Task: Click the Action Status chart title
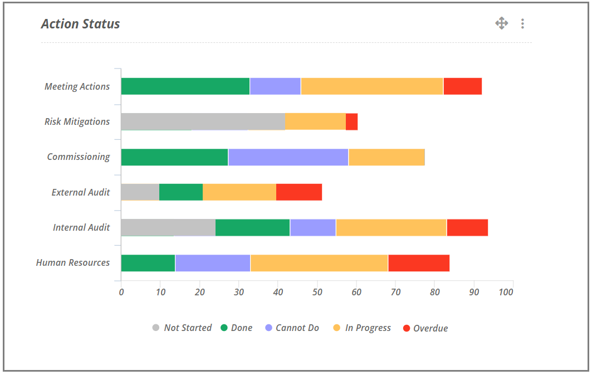pos(81,24)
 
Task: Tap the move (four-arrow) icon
pos(501,23)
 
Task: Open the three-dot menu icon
pos(522,23)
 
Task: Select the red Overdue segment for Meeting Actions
pos(462,86)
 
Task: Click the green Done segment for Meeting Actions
pos(185,86)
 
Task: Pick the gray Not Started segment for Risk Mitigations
pos(203,121)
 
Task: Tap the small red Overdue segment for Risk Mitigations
pos(351,121)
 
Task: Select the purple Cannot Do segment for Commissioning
pos(288,157)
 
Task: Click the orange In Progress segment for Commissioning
pos(386,157)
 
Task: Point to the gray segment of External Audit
pos(140,192)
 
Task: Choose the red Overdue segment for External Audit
pos(299,192)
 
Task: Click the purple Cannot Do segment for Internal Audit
pos(312,227)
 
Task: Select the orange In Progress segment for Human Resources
pos(319,263)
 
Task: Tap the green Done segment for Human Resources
pos(148,263)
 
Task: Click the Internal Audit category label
pos(81,227)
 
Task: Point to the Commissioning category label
pos(79,157)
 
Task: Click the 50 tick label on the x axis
pos(317,292)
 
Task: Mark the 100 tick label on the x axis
pos(506,292)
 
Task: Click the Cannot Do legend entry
pos(292,328)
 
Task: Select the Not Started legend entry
pos(182,328)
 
